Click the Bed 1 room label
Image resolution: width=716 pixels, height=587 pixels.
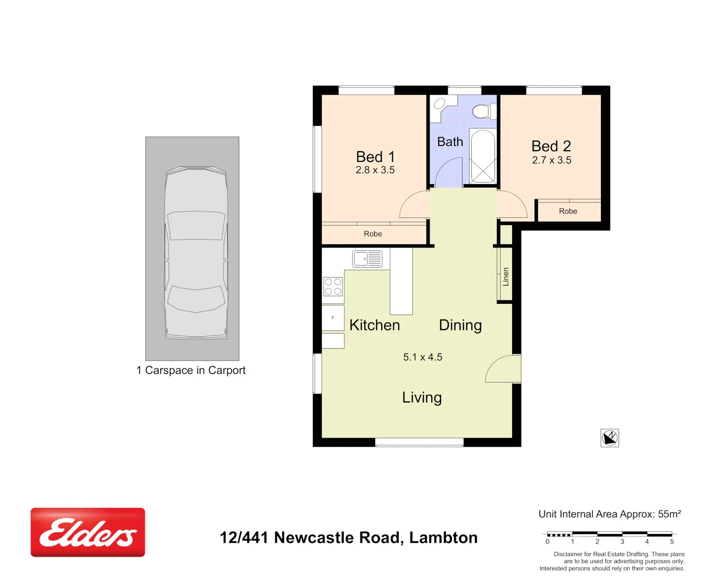[x=375, y=157]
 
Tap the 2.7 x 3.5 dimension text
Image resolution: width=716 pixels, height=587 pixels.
[x=551, y=160]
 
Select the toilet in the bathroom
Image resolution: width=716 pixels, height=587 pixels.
[x=484, y=111]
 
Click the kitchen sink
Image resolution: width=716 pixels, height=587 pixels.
[x=368, y=259]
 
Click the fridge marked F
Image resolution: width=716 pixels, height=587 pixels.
[x=333, y=318]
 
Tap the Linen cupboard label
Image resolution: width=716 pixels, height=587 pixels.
[x=505, y=277]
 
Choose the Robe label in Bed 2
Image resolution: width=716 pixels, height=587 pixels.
[x=568, y=211]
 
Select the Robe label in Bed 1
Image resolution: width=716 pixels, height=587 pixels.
[x=373, y=234]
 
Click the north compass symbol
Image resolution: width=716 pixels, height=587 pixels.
[x=610, y=438]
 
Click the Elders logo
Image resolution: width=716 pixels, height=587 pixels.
[x=87, y=532]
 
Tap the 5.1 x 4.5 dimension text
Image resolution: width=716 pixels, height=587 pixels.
[x=422, y=357]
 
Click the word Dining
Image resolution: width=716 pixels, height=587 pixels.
[x=460, y=326]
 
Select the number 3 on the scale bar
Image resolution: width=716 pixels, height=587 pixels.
[x=622, y=542]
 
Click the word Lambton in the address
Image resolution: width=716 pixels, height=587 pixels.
[x=443, y=537]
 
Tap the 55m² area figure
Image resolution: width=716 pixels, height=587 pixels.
[x=669, y=514]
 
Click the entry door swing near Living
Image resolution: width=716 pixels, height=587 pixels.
[x=494, y=363]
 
